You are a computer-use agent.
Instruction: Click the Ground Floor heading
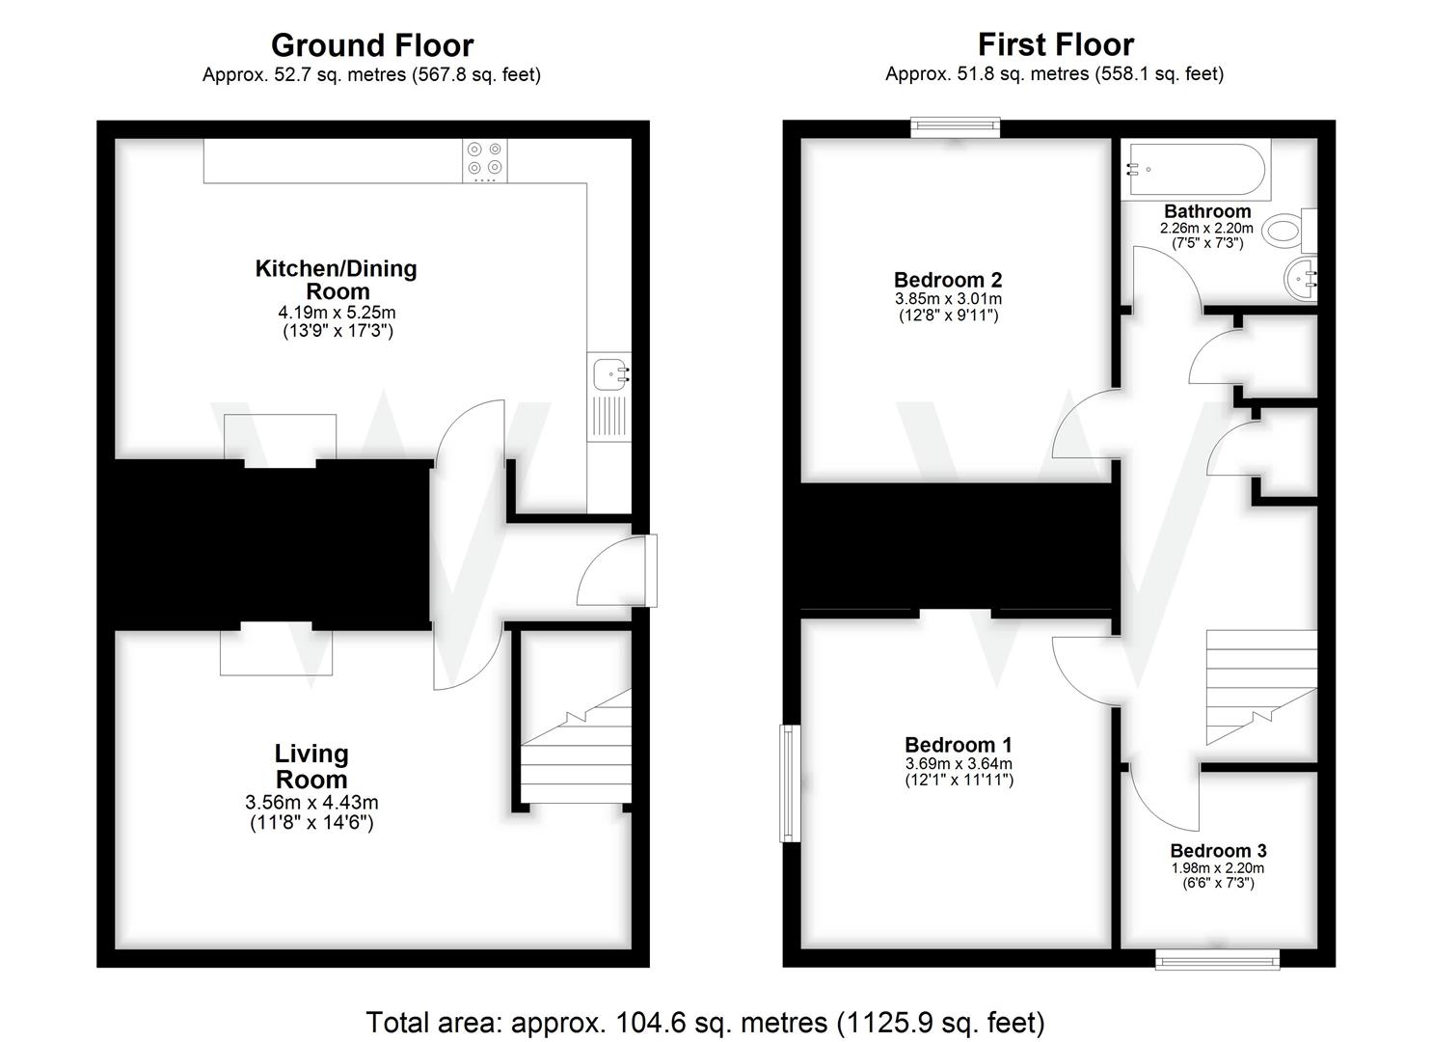(x=372, y=45)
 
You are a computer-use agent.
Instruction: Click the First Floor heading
(x=1056, y=44)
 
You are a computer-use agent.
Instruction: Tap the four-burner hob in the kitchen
(x=485, y=160)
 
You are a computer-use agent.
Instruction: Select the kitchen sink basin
(x=610, y=374)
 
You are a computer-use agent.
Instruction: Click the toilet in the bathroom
(x=1289, y=231)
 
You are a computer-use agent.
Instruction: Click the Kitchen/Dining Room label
(x=337, y=280)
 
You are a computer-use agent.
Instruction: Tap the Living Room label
(x=311, y=767)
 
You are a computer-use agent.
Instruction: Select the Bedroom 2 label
(x=947, y=280)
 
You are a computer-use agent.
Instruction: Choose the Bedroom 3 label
(x=1218, y=851)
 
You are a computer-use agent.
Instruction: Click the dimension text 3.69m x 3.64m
(x=959, y=763)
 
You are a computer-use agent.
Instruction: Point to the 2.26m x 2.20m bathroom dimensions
(x=1206, y=228)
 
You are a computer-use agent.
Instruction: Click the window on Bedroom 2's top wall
(x=955, y=127)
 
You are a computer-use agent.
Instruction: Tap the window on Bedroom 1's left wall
(x=790, y=782)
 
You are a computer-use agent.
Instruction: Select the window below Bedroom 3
(x=1217, y=959)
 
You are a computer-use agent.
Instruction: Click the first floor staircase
(x=1261, y=688)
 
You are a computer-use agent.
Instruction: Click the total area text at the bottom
(x=705, y=1022)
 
